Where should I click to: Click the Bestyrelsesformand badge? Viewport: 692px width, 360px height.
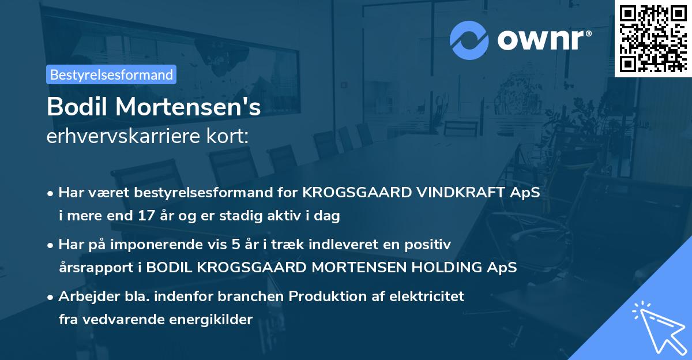coord(111,74)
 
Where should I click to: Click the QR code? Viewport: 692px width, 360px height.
coord(653,38)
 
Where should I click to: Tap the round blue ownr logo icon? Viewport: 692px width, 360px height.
coord(469,40)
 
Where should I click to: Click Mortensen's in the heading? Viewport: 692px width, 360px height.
coord(187,107)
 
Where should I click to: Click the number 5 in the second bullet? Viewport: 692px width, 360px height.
coord(236,244)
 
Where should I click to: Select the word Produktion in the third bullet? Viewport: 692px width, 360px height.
coord(325,296)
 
